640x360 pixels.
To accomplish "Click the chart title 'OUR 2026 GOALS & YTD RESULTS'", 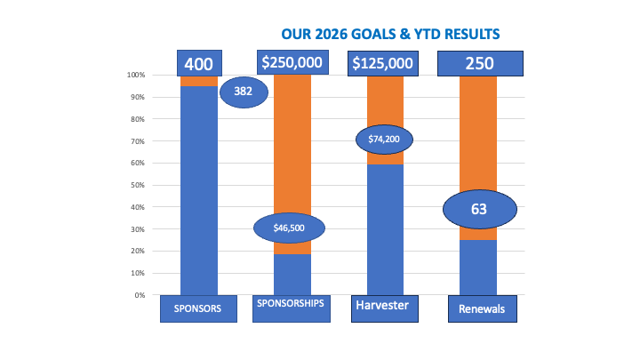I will click(390, 34).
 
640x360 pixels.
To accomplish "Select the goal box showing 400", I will click(198, 63).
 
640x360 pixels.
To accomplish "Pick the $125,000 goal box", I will click(383, 63).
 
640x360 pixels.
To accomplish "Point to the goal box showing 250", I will click(479, 63).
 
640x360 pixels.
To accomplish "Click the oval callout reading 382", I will click(244, 91).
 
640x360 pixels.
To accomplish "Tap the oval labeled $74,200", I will click(385, 139).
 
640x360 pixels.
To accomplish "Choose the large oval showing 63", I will click(479, 210).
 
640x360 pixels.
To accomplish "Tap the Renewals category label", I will click(481, 308).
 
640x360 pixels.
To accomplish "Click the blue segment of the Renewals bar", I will click(478, 267).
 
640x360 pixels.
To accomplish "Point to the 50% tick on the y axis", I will click(136, 185).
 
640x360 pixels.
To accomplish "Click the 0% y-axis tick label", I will click(138, 295).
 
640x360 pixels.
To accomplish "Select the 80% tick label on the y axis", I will click(136, 119).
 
